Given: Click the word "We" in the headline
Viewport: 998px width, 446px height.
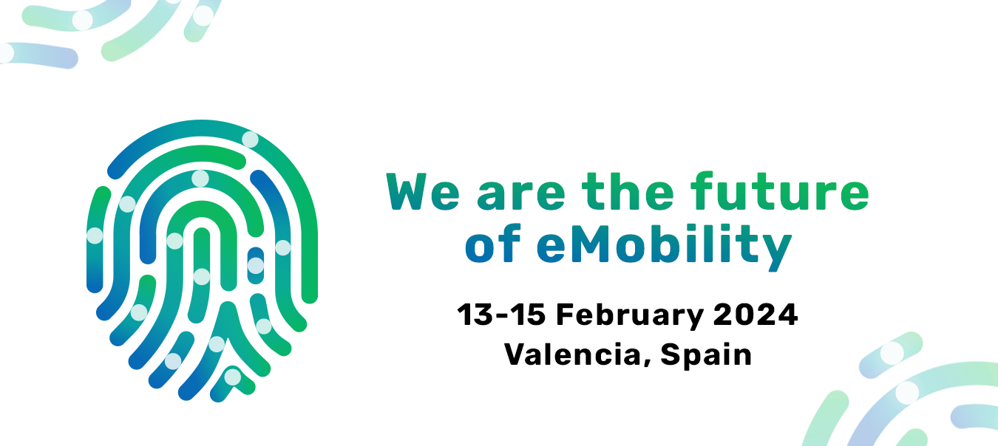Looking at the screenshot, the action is pyautogui.click(x=423, y=191).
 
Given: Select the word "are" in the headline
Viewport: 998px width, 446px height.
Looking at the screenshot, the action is pyautogui.click(x=521, y=195).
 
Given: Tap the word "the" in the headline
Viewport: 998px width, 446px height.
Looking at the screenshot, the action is pyautogui.click(x=628, y=191).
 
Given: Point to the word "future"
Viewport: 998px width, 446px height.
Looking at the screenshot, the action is pyautogui.click(x=780, y=191).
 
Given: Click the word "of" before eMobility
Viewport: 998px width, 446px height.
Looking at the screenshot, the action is pyautogui.click(x=493, y=243).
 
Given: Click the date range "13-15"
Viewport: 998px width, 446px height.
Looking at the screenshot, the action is pyautogui.click(x=501, y=315).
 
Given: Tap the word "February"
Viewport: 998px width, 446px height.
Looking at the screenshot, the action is pyautogui.click(x=630, y=317).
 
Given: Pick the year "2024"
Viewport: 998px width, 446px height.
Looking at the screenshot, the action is pyautogui.click(x=756, y=315).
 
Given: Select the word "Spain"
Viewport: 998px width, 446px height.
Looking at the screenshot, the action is pyautogui.click(x=706, y=356).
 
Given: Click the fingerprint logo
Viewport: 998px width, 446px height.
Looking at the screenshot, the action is pyautogui.click(x=202, y=261).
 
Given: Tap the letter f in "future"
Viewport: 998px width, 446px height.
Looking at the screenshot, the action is pyautogui.click(x=702, y=191).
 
